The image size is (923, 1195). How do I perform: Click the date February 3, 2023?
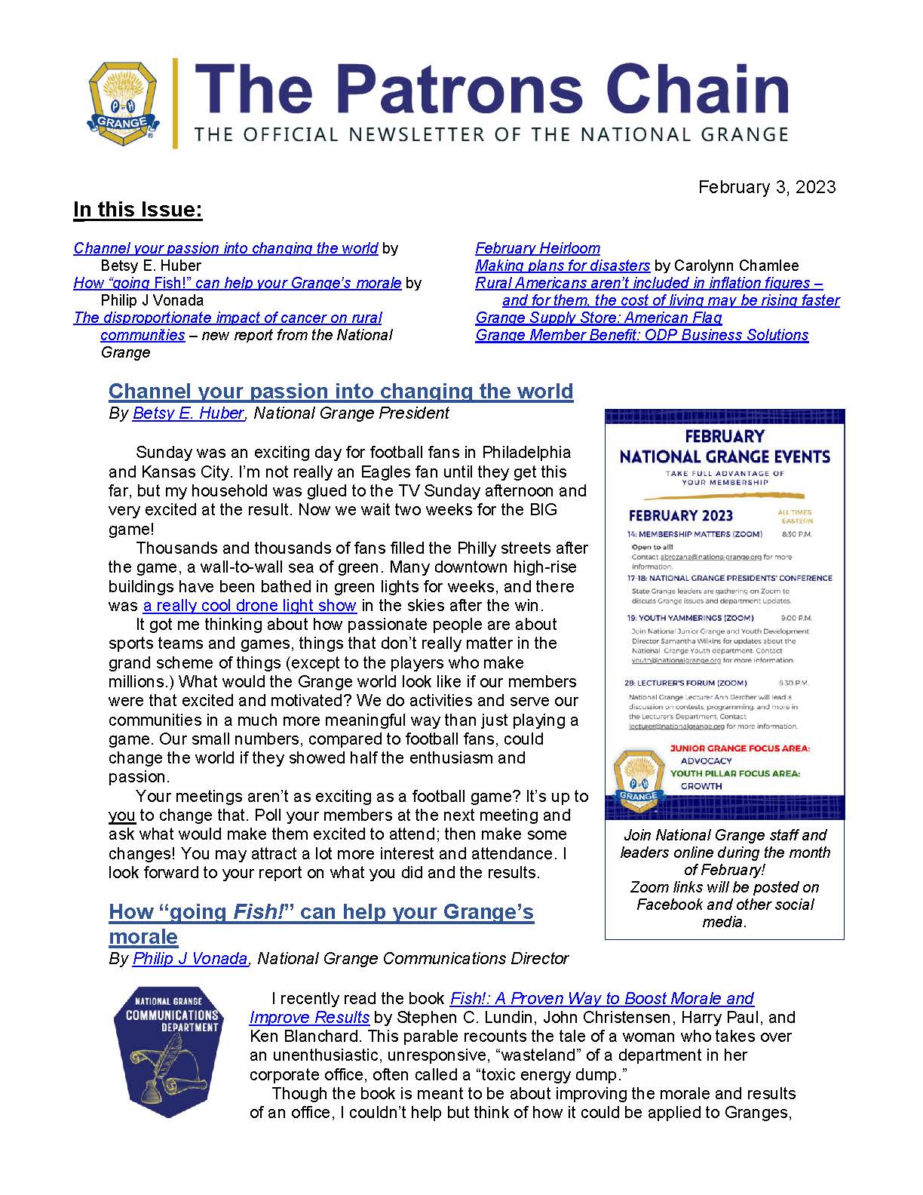coord(766,187)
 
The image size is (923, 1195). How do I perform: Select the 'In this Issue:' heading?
coord(137,210)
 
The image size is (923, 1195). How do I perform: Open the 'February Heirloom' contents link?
coord(538,248)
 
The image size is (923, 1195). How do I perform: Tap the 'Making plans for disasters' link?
coord(563,266)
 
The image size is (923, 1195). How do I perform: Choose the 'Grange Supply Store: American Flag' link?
coord(599,318)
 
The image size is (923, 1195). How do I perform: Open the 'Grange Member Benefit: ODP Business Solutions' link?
coord(642,335)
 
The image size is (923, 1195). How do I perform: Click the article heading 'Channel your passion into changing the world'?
coord(341,391)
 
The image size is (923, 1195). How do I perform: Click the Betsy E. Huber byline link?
coord(188,413)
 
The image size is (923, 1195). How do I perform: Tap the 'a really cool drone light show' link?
coord(250,605)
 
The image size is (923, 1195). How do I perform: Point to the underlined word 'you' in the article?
coord(121,816)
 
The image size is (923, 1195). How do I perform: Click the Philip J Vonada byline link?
coord(190,959)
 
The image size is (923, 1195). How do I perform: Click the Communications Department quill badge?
coord(169,1052)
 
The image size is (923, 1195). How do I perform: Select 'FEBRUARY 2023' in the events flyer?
coord(681,515)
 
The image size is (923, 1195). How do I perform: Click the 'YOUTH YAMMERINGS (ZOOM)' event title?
coord(690,618)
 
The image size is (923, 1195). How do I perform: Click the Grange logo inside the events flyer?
coord(638,778)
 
